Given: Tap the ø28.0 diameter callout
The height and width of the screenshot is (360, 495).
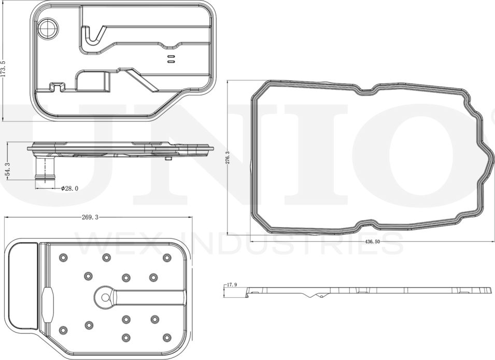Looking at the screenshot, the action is point(69,189).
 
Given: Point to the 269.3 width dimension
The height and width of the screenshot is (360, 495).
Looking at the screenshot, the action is point(90,217).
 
